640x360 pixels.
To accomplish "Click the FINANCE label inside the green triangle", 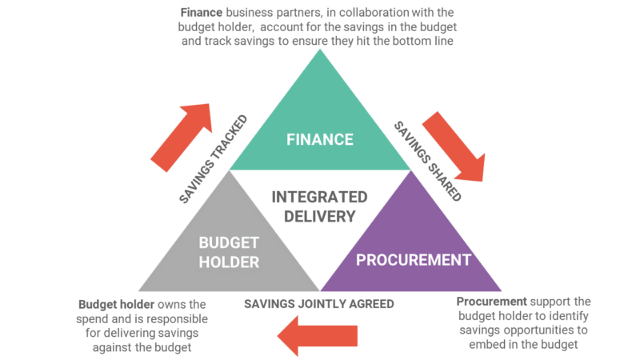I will coord(320,139).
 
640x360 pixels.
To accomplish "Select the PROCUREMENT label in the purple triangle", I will coord(413,259).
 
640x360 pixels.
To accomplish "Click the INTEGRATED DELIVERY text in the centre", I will coord(320,206).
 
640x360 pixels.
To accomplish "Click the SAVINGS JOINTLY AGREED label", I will coord(319,304).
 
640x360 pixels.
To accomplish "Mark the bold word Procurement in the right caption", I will coord(491,302).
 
